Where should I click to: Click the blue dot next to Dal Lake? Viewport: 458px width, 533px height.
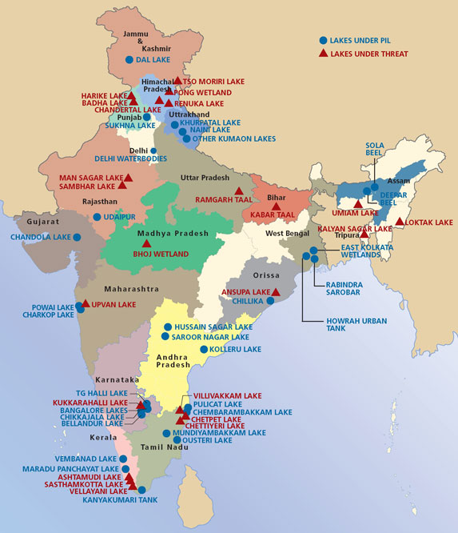[x=129, y=60]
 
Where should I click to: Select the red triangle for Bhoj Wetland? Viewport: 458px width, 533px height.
[x=146, y=242]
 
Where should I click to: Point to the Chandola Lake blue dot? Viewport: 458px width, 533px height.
[x=78, y=237]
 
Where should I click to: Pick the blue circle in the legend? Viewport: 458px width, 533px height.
[x=323, y=40]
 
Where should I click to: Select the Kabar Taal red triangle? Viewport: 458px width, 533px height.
[x=277, y=206]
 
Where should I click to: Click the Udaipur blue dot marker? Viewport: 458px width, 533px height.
[x=97, y=217]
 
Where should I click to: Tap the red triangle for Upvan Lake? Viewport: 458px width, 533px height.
[x=86, y=304]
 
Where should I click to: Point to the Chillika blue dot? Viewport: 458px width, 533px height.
[x=271, y=301]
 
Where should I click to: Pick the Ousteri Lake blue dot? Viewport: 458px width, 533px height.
[x=175, y=441]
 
